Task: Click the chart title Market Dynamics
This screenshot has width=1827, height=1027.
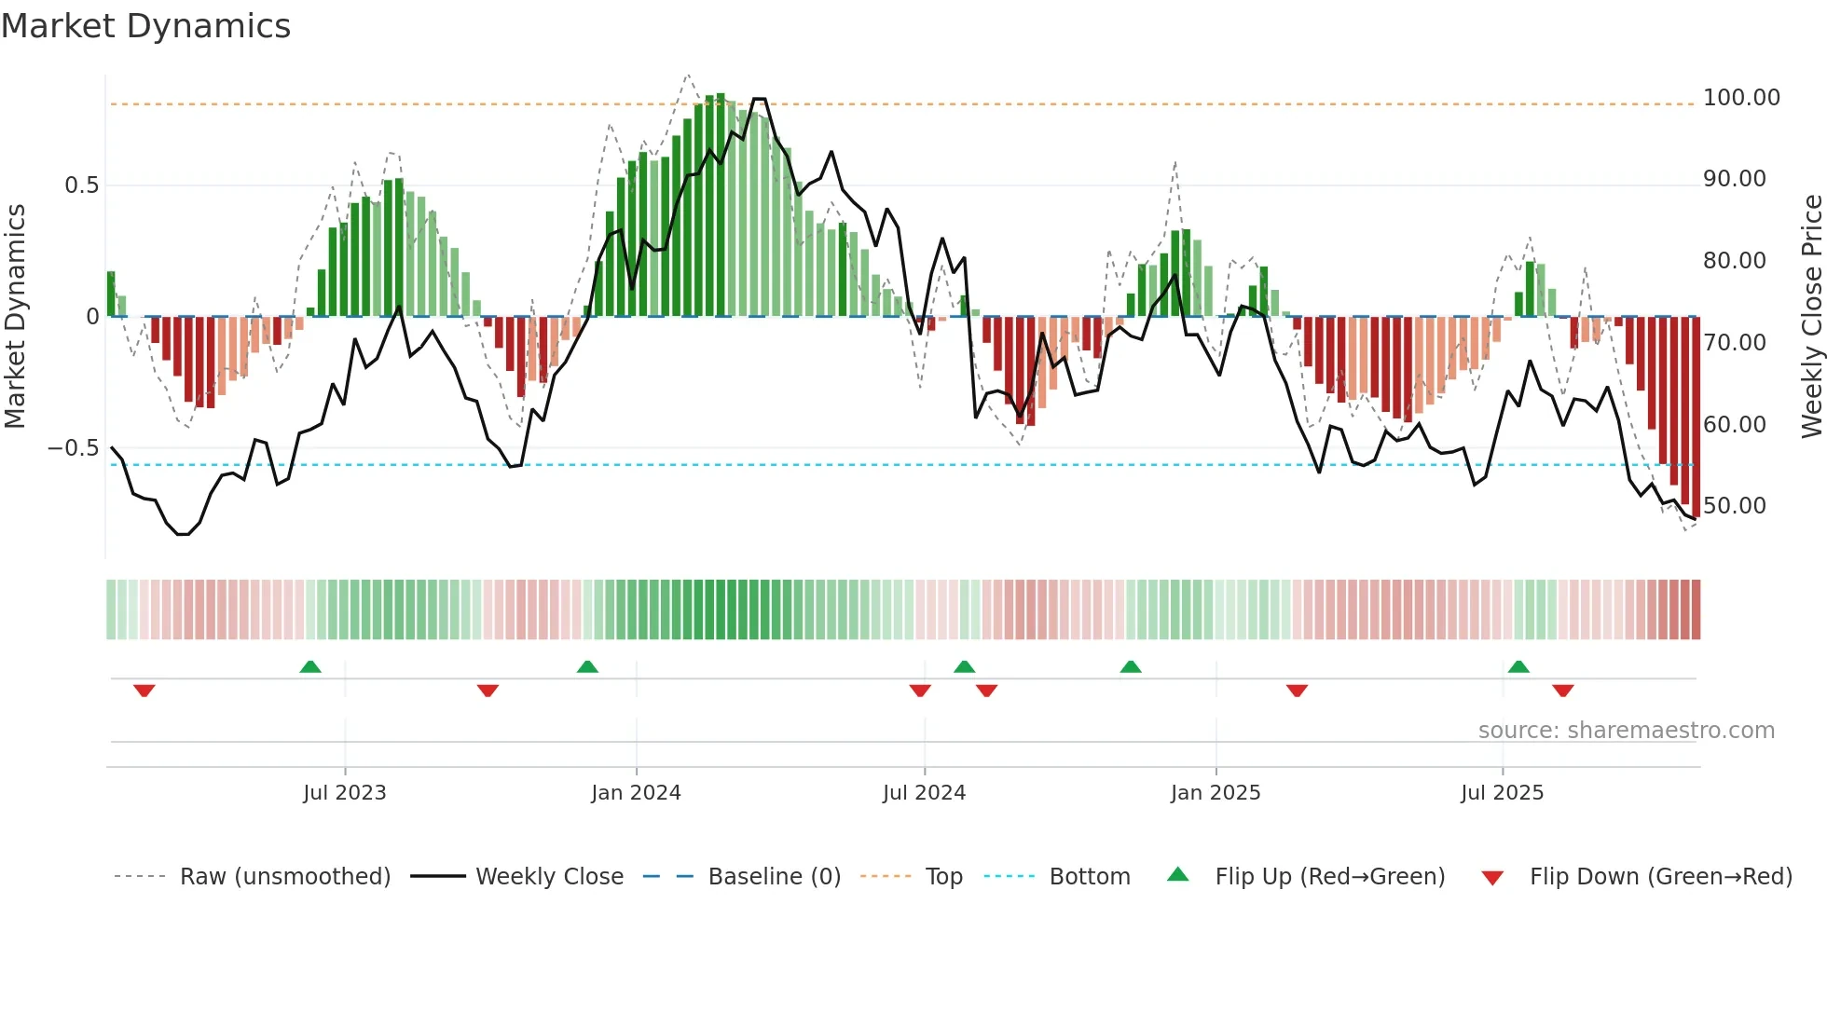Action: point(145,26)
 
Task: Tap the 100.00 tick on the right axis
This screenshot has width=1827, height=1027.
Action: point(1740,98)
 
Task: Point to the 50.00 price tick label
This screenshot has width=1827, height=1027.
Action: point(1734,506)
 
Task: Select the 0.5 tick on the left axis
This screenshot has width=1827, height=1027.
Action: point(81,185)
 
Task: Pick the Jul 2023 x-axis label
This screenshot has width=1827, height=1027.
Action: point(344,793)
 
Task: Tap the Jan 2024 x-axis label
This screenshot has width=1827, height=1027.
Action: point(636,793)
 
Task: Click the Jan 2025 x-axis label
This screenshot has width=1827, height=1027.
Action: point(1215,793)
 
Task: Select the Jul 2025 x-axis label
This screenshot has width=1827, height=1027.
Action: point(1502,793)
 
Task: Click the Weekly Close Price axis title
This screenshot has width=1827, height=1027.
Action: point(1811,316)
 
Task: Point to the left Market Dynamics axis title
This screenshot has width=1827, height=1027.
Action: point(15,316)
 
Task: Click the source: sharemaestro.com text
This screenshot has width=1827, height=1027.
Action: point(1626,731)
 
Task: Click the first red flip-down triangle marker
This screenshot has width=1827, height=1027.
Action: point(144,691)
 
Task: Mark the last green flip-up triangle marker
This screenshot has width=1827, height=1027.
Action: point(1518,666)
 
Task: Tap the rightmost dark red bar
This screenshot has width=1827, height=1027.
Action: point(1696,419)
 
